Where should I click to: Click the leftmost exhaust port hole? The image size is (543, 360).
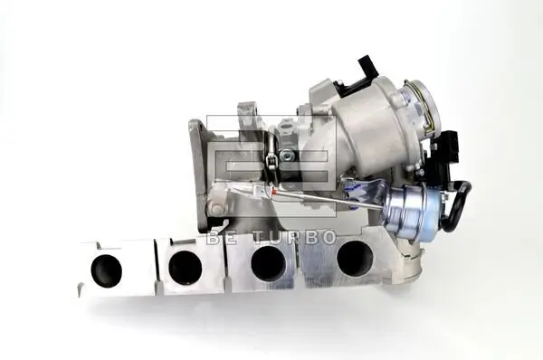click(106, 268)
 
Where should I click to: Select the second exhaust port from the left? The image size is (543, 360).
click(185, 266)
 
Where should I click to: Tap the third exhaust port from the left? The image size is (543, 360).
click(268, 261)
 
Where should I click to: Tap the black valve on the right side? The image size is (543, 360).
click(449, 145)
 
